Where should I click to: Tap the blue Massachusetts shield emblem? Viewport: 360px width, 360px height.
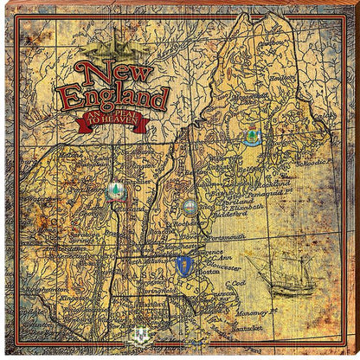182,263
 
